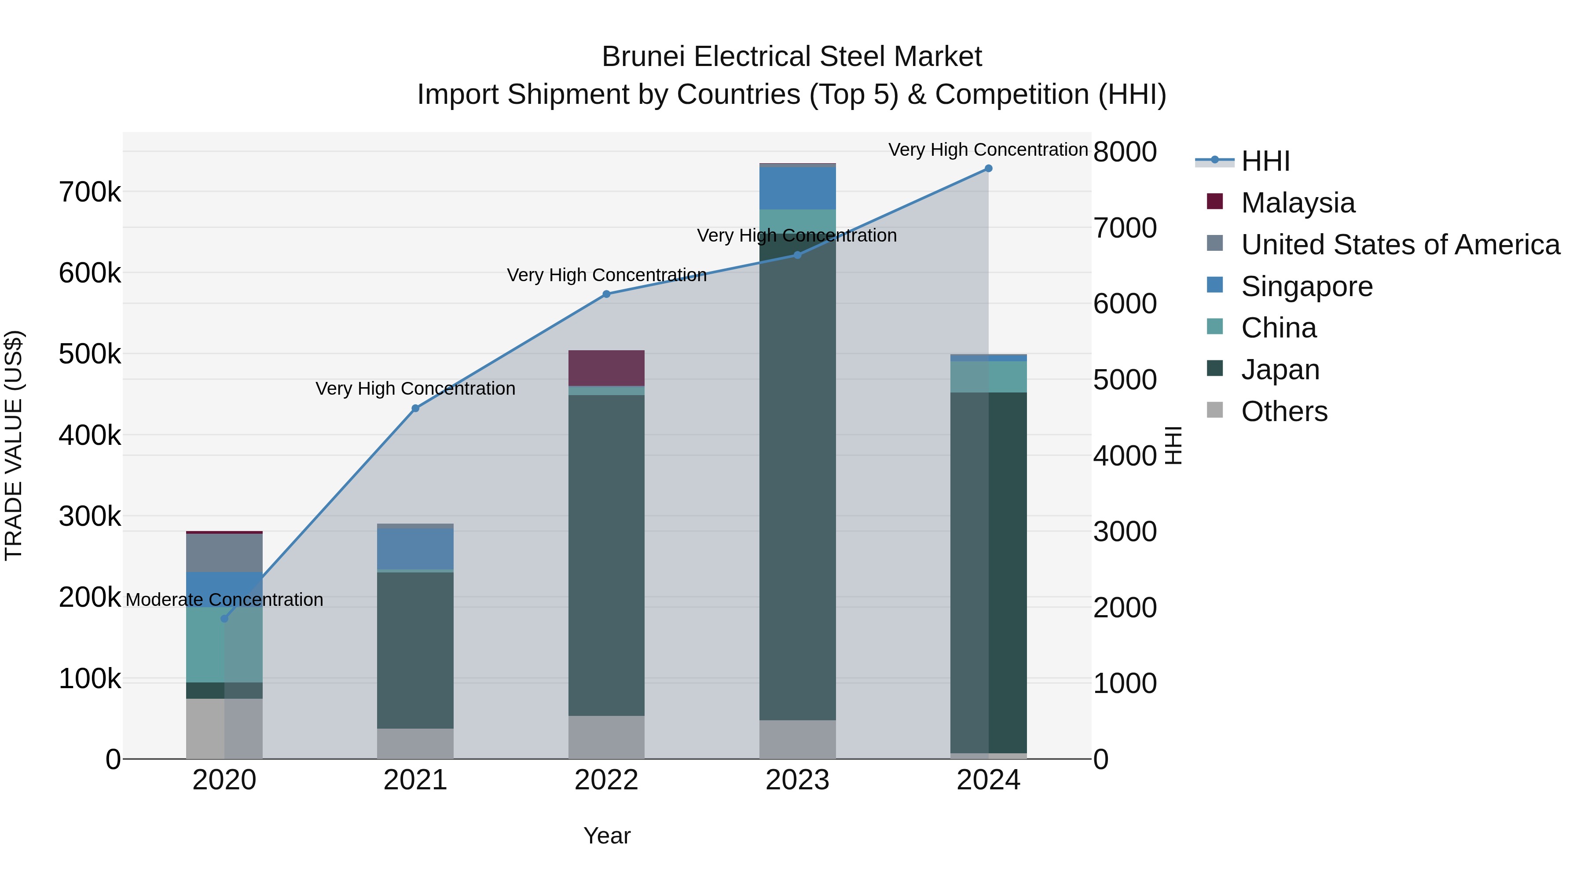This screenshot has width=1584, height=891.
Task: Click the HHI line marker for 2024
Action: click(988, 169)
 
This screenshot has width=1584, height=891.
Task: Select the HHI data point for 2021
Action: click(415, 408)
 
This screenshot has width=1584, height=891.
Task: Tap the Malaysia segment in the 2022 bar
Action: click(606, 368)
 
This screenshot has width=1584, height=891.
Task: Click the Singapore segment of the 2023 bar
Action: click(798, 188)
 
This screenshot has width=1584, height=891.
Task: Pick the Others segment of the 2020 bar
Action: click(224, 729)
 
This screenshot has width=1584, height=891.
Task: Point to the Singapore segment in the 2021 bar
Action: click(415, 549)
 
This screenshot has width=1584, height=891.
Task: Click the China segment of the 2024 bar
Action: click(988, 377)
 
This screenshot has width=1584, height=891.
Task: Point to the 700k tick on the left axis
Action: click(90, 192)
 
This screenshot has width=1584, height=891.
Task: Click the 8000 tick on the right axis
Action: click(1125, 152)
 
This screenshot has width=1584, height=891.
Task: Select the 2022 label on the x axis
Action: click(606, 780)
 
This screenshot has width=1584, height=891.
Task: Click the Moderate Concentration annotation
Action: click(224, 600)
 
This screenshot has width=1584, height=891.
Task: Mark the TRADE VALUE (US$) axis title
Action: click(14, 445)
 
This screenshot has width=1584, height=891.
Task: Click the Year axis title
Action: click(607, 836)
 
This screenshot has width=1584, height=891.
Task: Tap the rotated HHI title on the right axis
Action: click(1173, 445)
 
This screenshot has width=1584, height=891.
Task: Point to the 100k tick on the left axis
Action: click(90, 679)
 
